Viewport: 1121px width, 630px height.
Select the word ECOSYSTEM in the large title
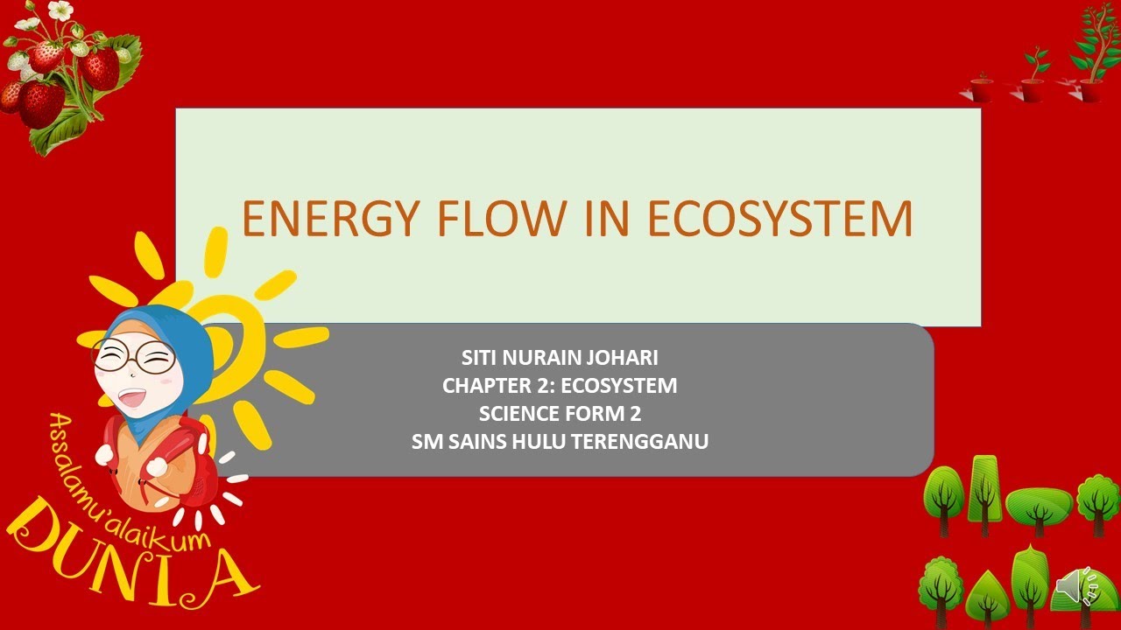coord(779,219)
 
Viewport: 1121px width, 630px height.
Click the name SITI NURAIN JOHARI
coord(560,358)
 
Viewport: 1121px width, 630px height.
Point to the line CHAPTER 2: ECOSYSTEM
coord(560,386)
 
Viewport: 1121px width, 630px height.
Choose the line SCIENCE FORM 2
coord(560,414)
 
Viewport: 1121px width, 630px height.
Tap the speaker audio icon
coord(1076,586)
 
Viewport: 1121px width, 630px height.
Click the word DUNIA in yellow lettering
coord(131,560)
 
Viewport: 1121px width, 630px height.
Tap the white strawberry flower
coord(60,10)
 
